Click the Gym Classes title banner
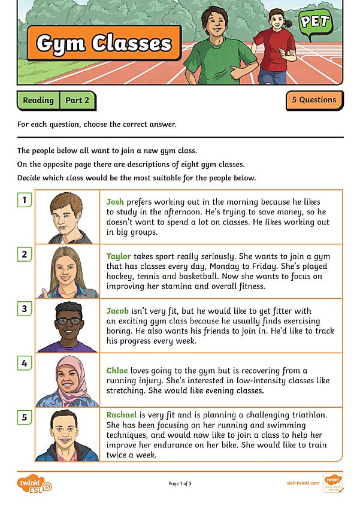[x=104, y=43]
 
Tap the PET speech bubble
[x=315, y=23]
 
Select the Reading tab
[x=38, y=101]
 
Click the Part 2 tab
[x=77, y=101]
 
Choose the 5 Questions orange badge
[x=314, y=100]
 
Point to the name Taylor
[x=119, y=256]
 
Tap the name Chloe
[x=117, y=371]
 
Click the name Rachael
[x=122, y=414]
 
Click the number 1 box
[x=25, y=200]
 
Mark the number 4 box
[x=25, y=363]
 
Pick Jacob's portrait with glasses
[x=68, y=326]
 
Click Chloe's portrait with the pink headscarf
[x=68, y=381]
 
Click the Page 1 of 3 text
[x=180, y=483]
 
